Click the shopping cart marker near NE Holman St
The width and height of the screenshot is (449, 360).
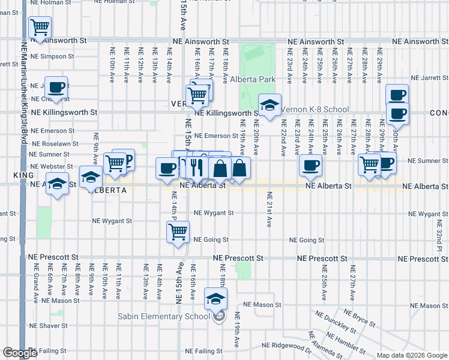point(40,27)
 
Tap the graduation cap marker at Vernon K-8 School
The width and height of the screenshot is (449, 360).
point(270,104)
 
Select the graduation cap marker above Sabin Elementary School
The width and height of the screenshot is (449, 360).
point(216,298)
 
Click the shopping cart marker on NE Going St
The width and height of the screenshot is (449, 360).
point(178,232)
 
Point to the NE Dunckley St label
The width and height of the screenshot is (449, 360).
point(337,325)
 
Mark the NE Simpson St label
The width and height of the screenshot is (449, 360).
point(54,56)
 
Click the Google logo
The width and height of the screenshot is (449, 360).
point(20,353)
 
